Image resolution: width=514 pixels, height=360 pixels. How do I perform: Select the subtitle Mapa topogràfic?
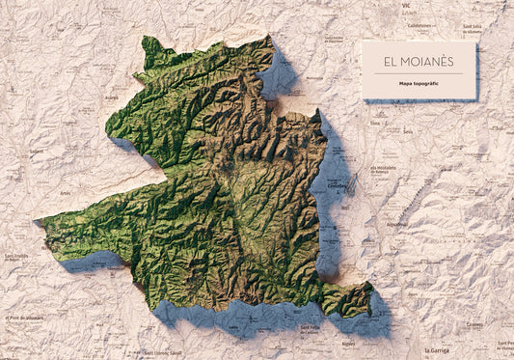pos(419,84)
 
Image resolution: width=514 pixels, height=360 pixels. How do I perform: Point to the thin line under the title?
pos(419,73)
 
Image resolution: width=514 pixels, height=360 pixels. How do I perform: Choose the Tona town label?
pos(375,125)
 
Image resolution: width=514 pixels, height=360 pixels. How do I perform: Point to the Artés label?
pos(65,192)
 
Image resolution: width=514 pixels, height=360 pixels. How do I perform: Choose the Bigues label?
pos(348,343)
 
